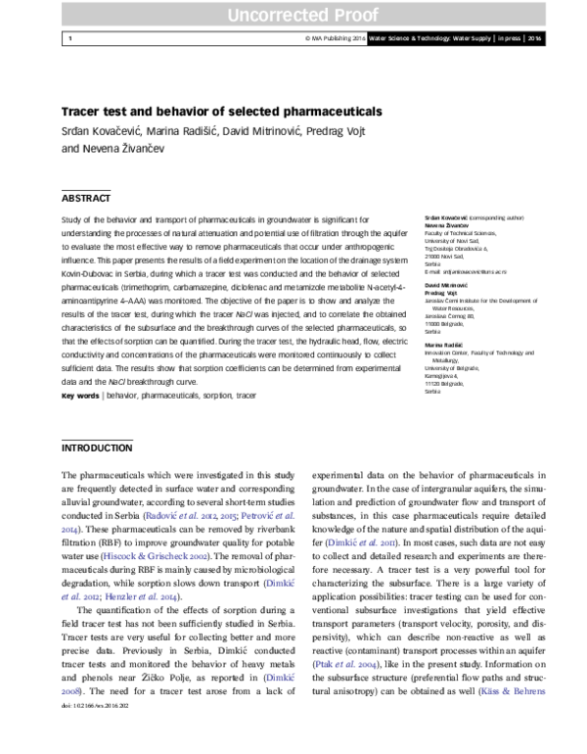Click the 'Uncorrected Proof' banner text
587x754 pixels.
tap(293, 15)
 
